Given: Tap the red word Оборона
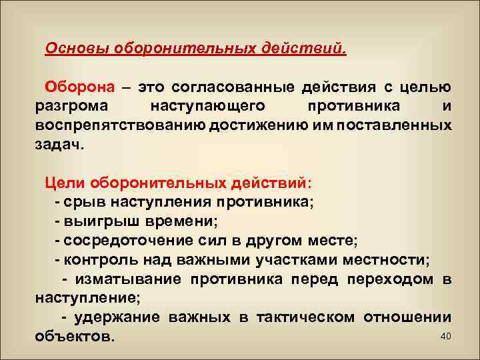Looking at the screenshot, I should click(x=79, y=87).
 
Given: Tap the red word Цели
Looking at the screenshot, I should click(x=65, y=182).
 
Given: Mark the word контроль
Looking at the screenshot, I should click(x=94, y=259).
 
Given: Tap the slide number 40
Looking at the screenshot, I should click(x=446, y=335).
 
